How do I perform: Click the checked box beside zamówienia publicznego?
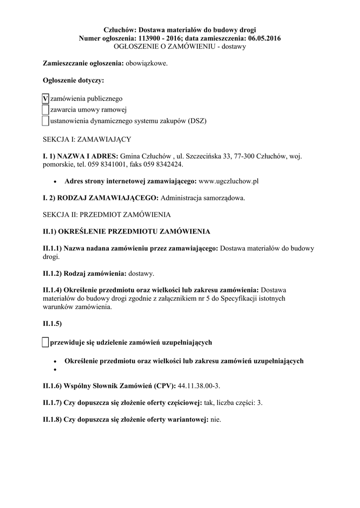(46, 99)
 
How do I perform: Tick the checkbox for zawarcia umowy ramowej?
(46, 110)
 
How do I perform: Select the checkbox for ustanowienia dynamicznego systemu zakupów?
(46, 121)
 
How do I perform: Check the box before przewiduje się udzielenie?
(46, 342)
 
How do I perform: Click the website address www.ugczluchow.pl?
(229, 181)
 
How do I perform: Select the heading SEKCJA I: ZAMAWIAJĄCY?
(87, 139)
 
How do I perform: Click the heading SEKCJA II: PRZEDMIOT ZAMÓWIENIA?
(107, 215)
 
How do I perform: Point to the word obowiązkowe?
(146, 63)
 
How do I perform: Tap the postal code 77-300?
(245, 156)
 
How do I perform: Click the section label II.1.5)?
(52, 324)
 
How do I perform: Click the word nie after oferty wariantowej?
(216, 419)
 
